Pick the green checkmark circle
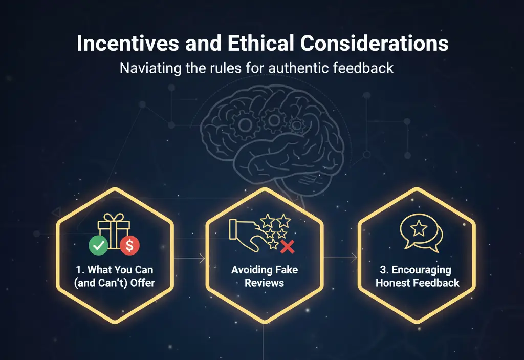pyautogui.click(x=98, y=246)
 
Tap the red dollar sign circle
pyautogui.click(x=130, y=246)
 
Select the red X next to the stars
pyautogui.click(x=288, y=248)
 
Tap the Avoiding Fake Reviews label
pyautogui.click(x=264, y=276)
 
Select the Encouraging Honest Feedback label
pyautogui.click(x=417, y=276)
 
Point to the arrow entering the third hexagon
pyautogui.click(x=354, y=258)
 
